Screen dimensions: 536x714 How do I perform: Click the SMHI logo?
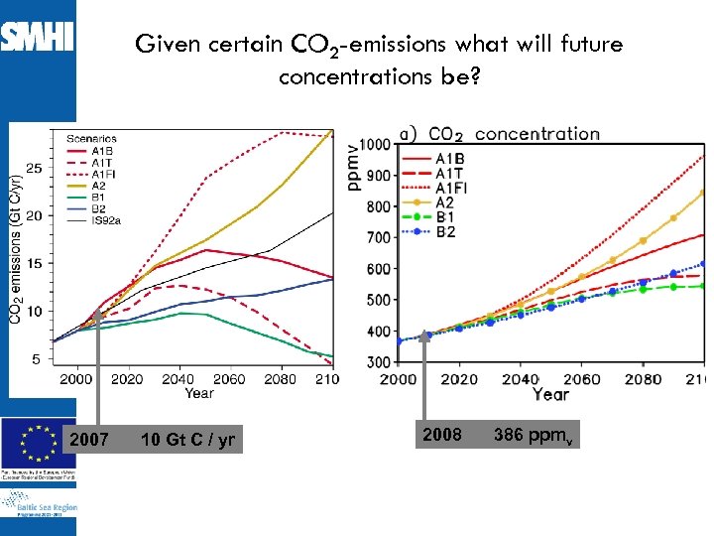pos(37,39)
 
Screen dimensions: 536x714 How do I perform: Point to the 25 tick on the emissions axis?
pos(34,168)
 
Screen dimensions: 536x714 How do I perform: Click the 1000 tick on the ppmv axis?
pos(374,145)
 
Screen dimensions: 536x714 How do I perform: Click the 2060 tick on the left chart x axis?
pos(230,378)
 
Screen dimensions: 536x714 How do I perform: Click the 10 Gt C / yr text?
pos(187,439)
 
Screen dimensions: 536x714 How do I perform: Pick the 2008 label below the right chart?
pos(441,435)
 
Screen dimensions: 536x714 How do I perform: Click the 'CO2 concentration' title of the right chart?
pos(514,134)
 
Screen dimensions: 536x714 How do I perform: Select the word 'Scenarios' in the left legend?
pos(91,138)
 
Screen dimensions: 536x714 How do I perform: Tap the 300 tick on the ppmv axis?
pos(377,362)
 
